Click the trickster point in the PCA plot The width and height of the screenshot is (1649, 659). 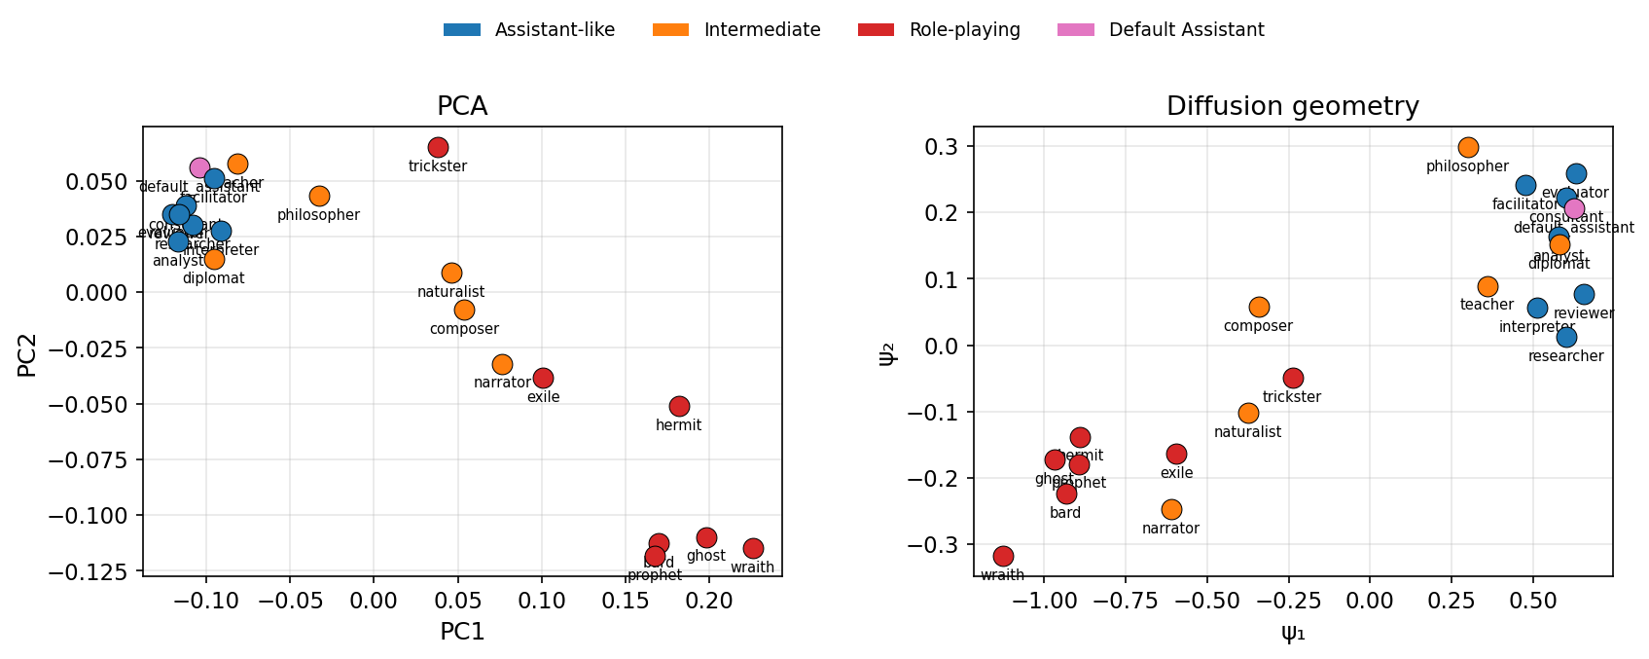[x=438, y=147]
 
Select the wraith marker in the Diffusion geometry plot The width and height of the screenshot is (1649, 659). [x=1003, y=556]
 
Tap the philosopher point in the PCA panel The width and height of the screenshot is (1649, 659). [x=319, y=196]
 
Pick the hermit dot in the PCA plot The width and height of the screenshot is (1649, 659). [x=679, y=406]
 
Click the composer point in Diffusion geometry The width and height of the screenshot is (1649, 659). [x=1259, y=307]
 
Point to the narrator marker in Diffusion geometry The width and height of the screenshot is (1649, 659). [x=1171, y=509]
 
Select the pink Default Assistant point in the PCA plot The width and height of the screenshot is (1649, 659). [x=199, y=167]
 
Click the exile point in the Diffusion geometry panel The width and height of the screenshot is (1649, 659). [x=1176, y=454]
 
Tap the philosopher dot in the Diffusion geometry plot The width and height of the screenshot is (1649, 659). [x=1468, y=147]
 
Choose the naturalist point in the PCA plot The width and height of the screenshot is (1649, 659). [x=451, y=273]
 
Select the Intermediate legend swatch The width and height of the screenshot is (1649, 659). [x=670, y=30]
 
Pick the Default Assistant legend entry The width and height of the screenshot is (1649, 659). [x=1186, y=30]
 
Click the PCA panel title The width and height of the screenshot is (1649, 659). [x=462, y=106]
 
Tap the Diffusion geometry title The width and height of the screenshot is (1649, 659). [x=1293, y=106]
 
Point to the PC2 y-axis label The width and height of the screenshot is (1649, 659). [x=27, y=351]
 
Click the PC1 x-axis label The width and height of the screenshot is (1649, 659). [x=462, y=632]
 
